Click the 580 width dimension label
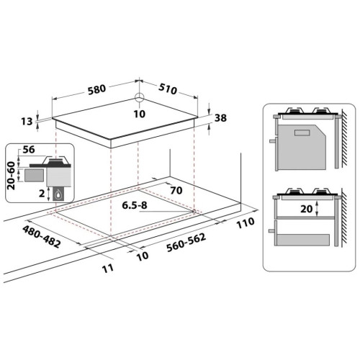coord(96,89)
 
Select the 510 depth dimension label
coord(168,89)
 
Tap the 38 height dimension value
coord(220,118)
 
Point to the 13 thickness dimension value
coord(27,122)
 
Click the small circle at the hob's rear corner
coord(139,98)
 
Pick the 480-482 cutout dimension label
coord(41,237)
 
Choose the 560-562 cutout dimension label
coord(186,243)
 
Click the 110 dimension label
coord(246,223)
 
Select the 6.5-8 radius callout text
coord(135,205)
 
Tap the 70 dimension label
coord(176,190)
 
